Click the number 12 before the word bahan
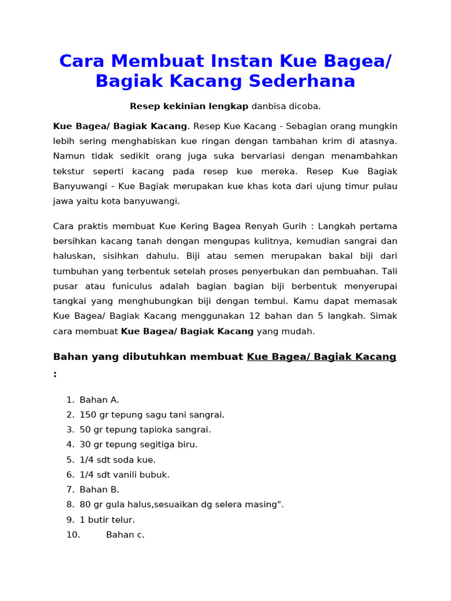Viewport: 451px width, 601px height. (x=254, y=316)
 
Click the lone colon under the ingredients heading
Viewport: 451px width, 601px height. (x=55, y=374)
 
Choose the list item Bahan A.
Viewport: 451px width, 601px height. (x=99, y=400)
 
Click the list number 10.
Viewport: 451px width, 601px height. (x=73, y=535)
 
